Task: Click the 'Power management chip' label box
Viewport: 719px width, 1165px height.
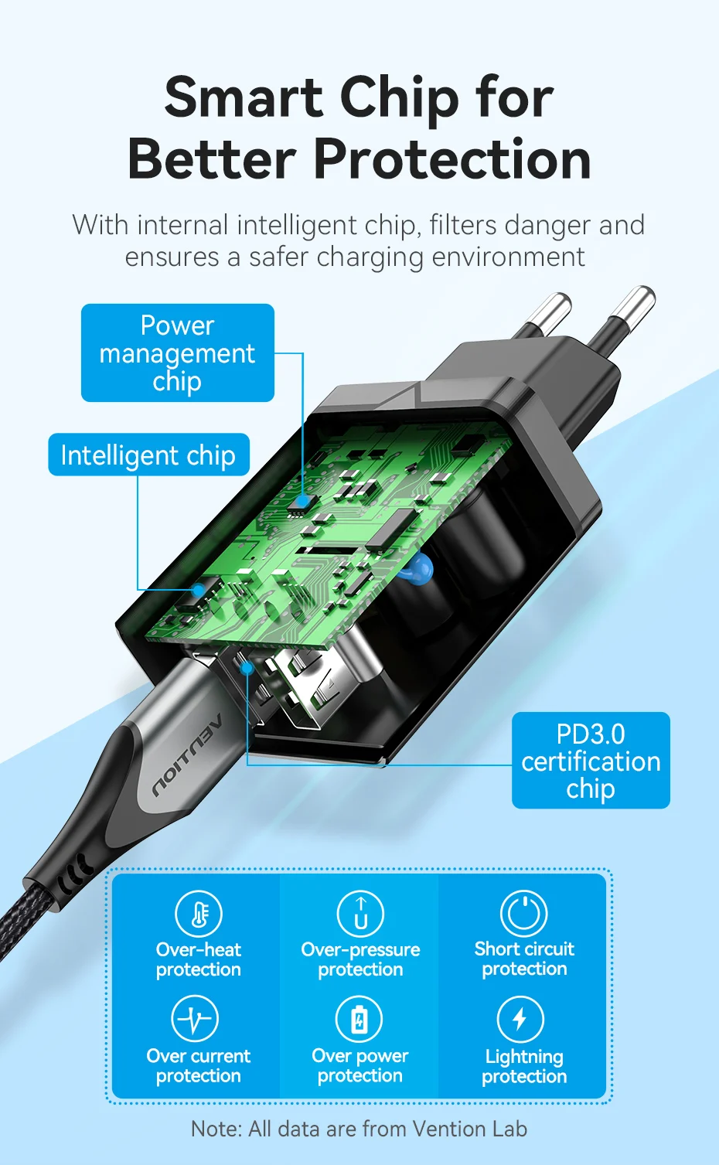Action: pyautogui.click(x=177, y=353)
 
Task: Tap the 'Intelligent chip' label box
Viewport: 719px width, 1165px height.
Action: pyautogui.click(x=148, y=455)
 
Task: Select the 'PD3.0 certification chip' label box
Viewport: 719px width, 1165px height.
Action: pyautogui.click(x=591, y=761)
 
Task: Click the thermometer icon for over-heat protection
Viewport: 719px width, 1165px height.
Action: pyautogui.click(x=198, y=913)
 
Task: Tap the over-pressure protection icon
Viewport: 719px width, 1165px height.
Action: pyautogui.click(x=360, y=913)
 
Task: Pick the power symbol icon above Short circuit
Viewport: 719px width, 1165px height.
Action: pyautogui.click(x=524, y=913)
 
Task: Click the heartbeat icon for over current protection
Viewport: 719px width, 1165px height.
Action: pyautogui.click(x=195, y=1018)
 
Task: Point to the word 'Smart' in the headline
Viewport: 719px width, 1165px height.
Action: pyautogui.click(x=244, y=97)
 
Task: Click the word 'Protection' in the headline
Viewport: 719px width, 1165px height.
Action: pyautogui.click(x=452, y=159)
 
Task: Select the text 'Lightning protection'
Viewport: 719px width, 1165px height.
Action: pyautogui.click(x=524, y=1066)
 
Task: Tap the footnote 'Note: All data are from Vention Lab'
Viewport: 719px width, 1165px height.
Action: pyautogui.click(x=359, y=1129)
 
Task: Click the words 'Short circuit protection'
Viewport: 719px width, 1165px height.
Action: pyautogui.click(x=524, y=959)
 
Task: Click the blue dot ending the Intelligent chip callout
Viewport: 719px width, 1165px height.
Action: pyautogui.click(x=198, y=591)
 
